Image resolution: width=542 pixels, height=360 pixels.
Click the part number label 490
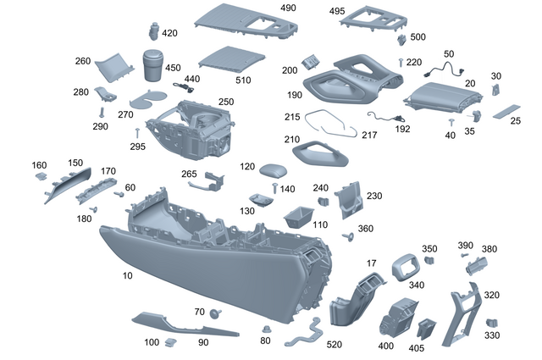click(x=288, y=8)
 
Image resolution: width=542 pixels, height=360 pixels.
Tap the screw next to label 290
click(x=102, y=111)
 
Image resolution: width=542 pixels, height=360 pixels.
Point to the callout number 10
click(x=128, y=275)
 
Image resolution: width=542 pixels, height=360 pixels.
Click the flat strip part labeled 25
click(x=507, y=112)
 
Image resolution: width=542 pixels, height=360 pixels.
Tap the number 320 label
click(x=491, y=296)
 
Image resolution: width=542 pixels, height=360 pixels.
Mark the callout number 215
click(x=292, y=117)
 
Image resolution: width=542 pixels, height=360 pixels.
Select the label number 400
click(x=386, y=346)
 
